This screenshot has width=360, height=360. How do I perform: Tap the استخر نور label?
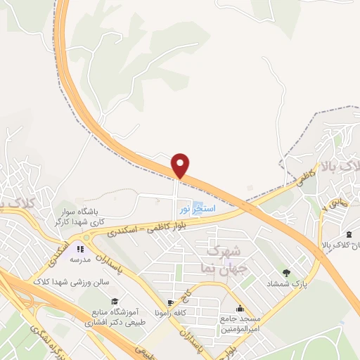point(193,210)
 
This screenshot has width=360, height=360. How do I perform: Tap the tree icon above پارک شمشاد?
point(285,273)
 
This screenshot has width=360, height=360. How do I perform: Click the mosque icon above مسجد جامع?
point(240,308)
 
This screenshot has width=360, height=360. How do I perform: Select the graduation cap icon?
point(115,301)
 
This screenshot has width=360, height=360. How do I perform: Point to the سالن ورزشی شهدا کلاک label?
point(67,281)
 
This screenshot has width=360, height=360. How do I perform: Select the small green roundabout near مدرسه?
point(86,238)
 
